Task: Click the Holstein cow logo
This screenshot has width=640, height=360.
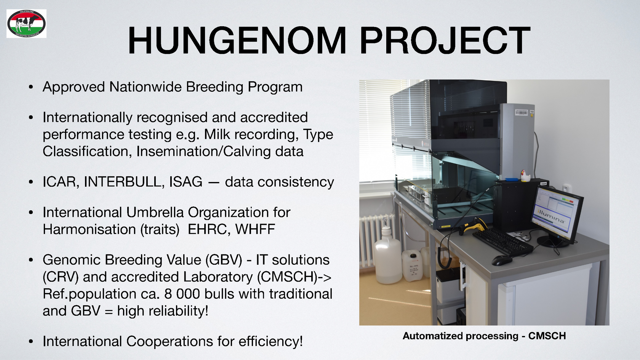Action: tap(26, 24)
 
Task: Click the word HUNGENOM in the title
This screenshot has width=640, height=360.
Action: tap(237, 40)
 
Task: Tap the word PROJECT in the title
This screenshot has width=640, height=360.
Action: tap(445, 40)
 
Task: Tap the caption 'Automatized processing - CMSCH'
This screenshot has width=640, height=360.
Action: tap(484, 336)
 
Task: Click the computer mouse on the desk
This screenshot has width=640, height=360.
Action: tap(502, 260)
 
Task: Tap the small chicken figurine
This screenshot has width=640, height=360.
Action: tap(525, 176)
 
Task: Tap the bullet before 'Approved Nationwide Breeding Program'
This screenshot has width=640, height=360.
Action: tap(31, 87)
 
